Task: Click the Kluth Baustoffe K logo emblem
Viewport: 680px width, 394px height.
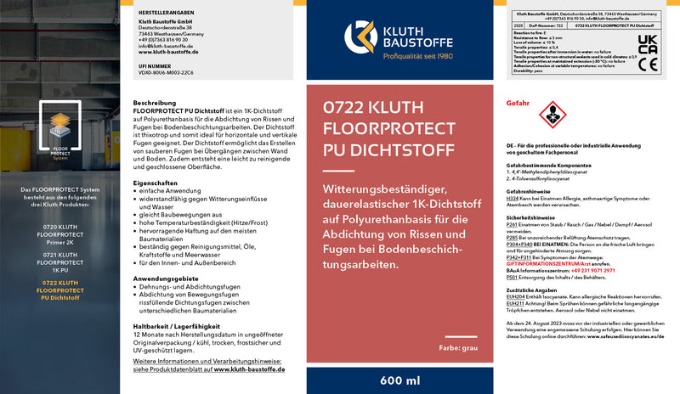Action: point(360,37)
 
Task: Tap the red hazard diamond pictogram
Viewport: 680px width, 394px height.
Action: point(552,112)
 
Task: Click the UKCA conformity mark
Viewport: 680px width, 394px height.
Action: point(649,45)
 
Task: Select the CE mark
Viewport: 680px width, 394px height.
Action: point(649,65)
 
